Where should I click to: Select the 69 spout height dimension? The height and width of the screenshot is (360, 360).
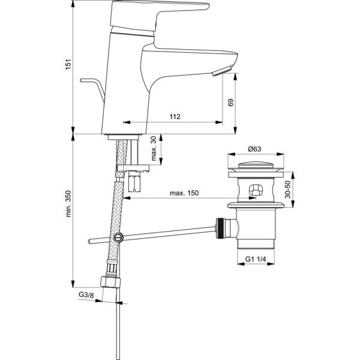pyautogui.click(x=230, y=103)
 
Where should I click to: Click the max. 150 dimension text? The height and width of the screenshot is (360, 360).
pyautogui.click(x=184, y=193)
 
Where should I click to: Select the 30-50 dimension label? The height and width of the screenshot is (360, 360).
pyautogui.click(x=288, y=190)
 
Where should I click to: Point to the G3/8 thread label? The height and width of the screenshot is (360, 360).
pyautogui.click(x=86, y=295)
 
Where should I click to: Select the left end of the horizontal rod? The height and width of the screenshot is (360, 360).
pyautogui.click(x=90, y=241)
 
